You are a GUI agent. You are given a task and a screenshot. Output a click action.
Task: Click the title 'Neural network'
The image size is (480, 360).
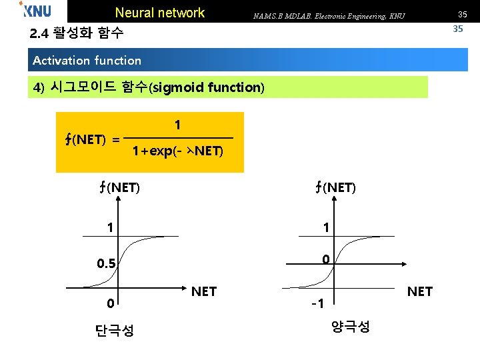(x=160, y=13)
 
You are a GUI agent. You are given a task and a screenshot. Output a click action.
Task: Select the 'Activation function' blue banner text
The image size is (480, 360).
(x=87, y=61)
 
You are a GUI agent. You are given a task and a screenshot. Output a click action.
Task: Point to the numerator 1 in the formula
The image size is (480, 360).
(x=177, y=125)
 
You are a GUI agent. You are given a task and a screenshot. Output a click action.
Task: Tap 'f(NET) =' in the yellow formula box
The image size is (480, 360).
(x=92, y=139)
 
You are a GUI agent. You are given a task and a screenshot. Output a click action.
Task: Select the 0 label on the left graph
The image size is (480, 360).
(x=110, y=303)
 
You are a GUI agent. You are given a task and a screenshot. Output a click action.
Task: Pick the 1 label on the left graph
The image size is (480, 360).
(x=110, y=227)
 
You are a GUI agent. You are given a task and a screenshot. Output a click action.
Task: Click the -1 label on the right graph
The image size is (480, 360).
(x=317, y=304)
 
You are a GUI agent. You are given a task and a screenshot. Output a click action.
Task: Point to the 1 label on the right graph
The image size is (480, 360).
(x=325, y=227)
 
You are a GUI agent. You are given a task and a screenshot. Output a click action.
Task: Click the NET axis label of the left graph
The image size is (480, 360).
(x=203, y=291)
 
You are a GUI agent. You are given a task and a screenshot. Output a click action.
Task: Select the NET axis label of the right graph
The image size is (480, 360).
(x=419, y=291)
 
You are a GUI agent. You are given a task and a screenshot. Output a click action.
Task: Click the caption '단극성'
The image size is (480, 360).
(x=115, y=330)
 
